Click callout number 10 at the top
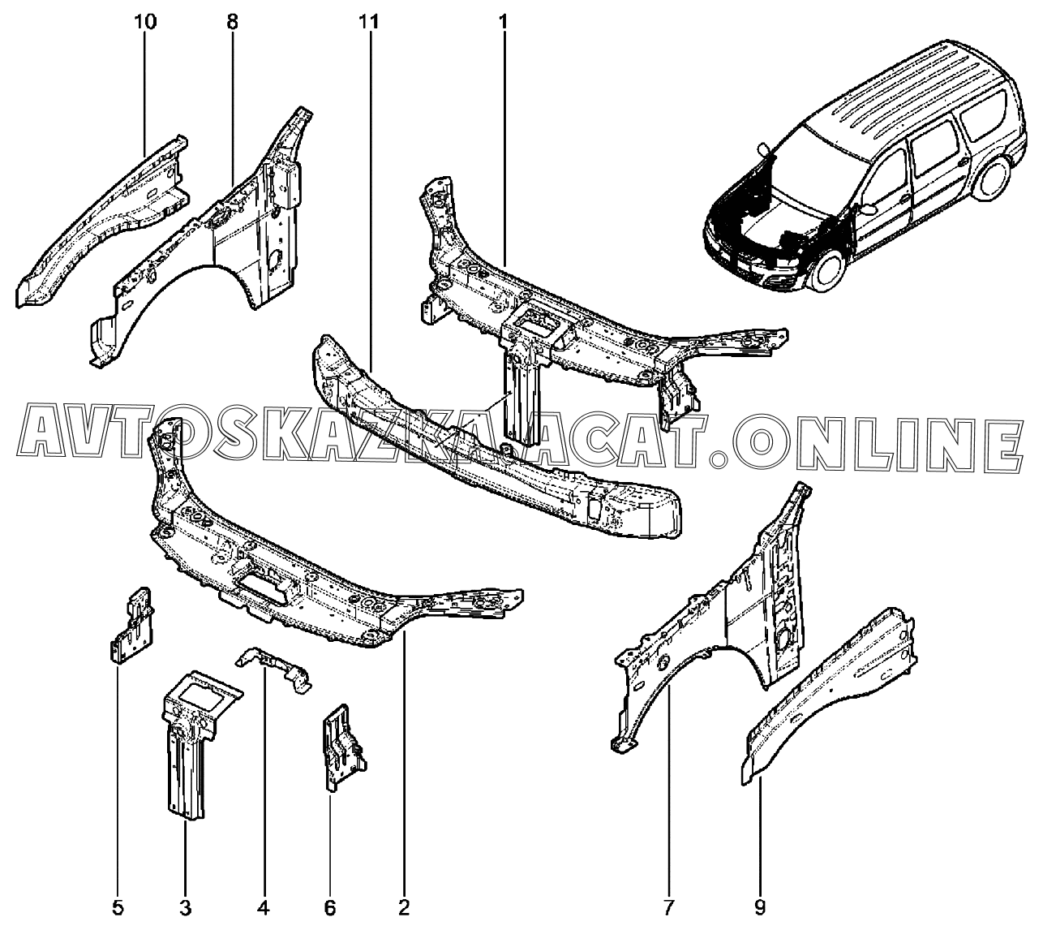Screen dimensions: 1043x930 tap(146, 22)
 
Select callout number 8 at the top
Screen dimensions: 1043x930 tap(232, 22)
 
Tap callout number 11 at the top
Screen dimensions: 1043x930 tap(369, 22)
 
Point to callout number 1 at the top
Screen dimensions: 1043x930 tap(504, 22)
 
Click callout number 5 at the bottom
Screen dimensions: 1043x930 tap(118, 907)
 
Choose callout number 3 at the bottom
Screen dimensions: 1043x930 tap(186, 907)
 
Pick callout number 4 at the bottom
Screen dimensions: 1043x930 tap(264, 907)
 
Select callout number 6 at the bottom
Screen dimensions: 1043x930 tap(330, 907)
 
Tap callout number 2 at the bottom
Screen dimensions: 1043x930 tap(404, 907)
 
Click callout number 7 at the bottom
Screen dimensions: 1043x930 tap(668, 907)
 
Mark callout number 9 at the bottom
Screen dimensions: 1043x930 tap(760, 907)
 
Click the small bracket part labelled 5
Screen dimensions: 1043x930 tap(131, 626)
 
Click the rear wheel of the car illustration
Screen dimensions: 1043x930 tap(992, 178)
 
